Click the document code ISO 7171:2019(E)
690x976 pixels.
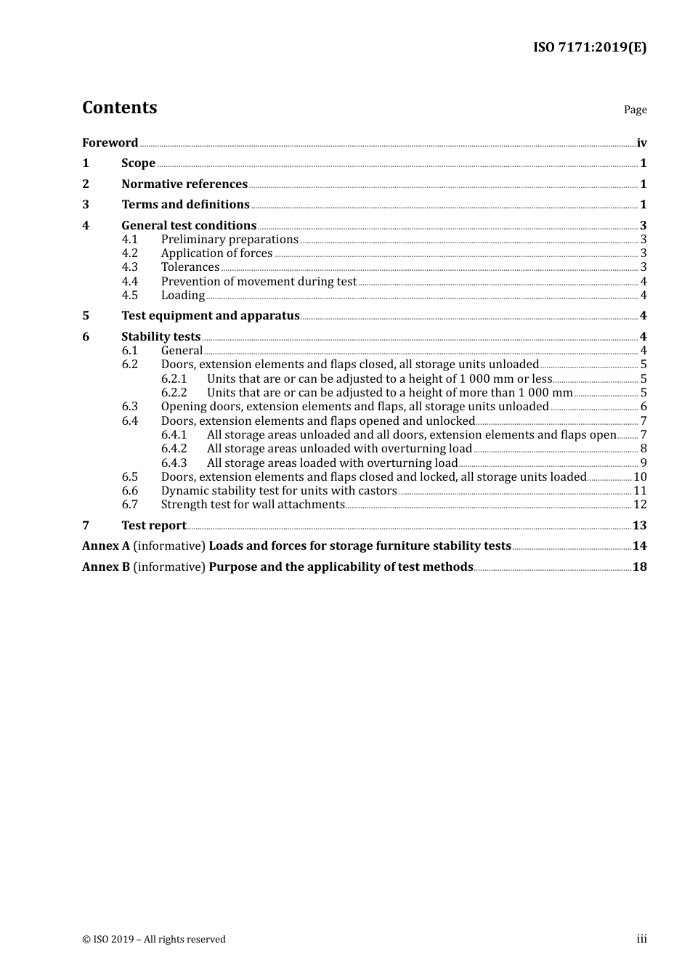589,48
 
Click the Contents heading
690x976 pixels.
120,107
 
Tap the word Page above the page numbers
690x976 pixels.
635,110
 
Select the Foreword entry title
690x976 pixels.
110,143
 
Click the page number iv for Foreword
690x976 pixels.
641,143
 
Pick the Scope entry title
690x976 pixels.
138,163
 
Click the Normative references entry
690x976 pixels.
184,184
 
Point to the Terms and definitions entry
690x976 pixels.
185,205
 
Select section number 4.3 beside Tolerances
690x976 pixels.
130,267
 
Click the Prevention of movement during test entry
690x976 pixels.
259,282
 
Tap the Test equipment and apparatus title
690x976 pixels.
211,316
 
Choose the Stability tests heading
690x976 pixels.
161,337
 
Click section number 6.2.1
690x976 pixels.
174,379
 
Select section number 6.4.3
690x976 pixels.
174,463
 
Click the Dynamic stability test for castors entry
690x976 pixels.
279,491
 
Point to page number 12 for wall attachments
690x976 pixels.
640,505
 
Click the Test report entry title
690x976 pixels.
153,526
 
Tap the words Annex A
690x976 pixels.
106,546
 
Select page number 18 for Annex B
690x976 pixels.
640,567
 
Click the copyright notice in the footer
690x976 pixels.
154,940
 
